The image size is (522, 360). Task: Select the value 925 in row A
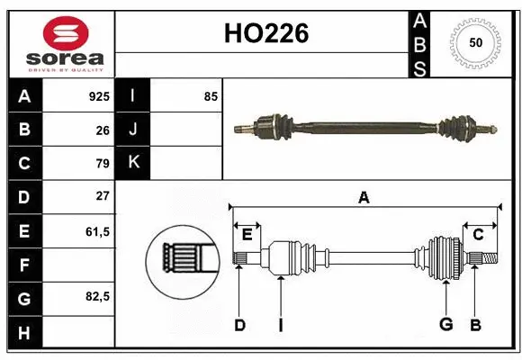(x=98, y=96)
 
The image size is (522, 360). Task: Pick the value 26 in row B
(x=102, y=130)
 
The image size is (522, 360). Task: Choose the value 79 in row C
(x=102, y=163)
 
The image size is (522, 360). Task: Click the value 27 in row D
(x=102, y=196)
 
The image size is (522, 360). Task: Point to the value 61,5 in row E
(x=97, y=230)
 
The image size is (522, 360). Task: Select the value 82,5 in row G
(x=97, y=297)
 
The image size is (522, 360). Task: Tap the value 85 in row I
(x=211, y=96)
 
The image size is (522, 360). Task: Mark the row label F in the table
(x=24, y=264)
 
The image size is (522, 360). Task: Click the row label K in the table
(x=133, y=163)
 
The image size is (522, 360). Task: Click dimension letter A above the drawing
(x=364, y=197)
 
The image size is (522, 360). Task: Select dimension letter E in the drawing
(x=247, y=235)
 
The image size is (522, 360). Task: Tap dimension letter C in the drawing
(x=479, y=235)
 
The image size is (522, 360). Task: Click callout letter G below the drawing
(x=445, y=325)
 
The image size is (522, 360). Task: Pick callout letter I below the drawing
(x=280, y=325)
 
